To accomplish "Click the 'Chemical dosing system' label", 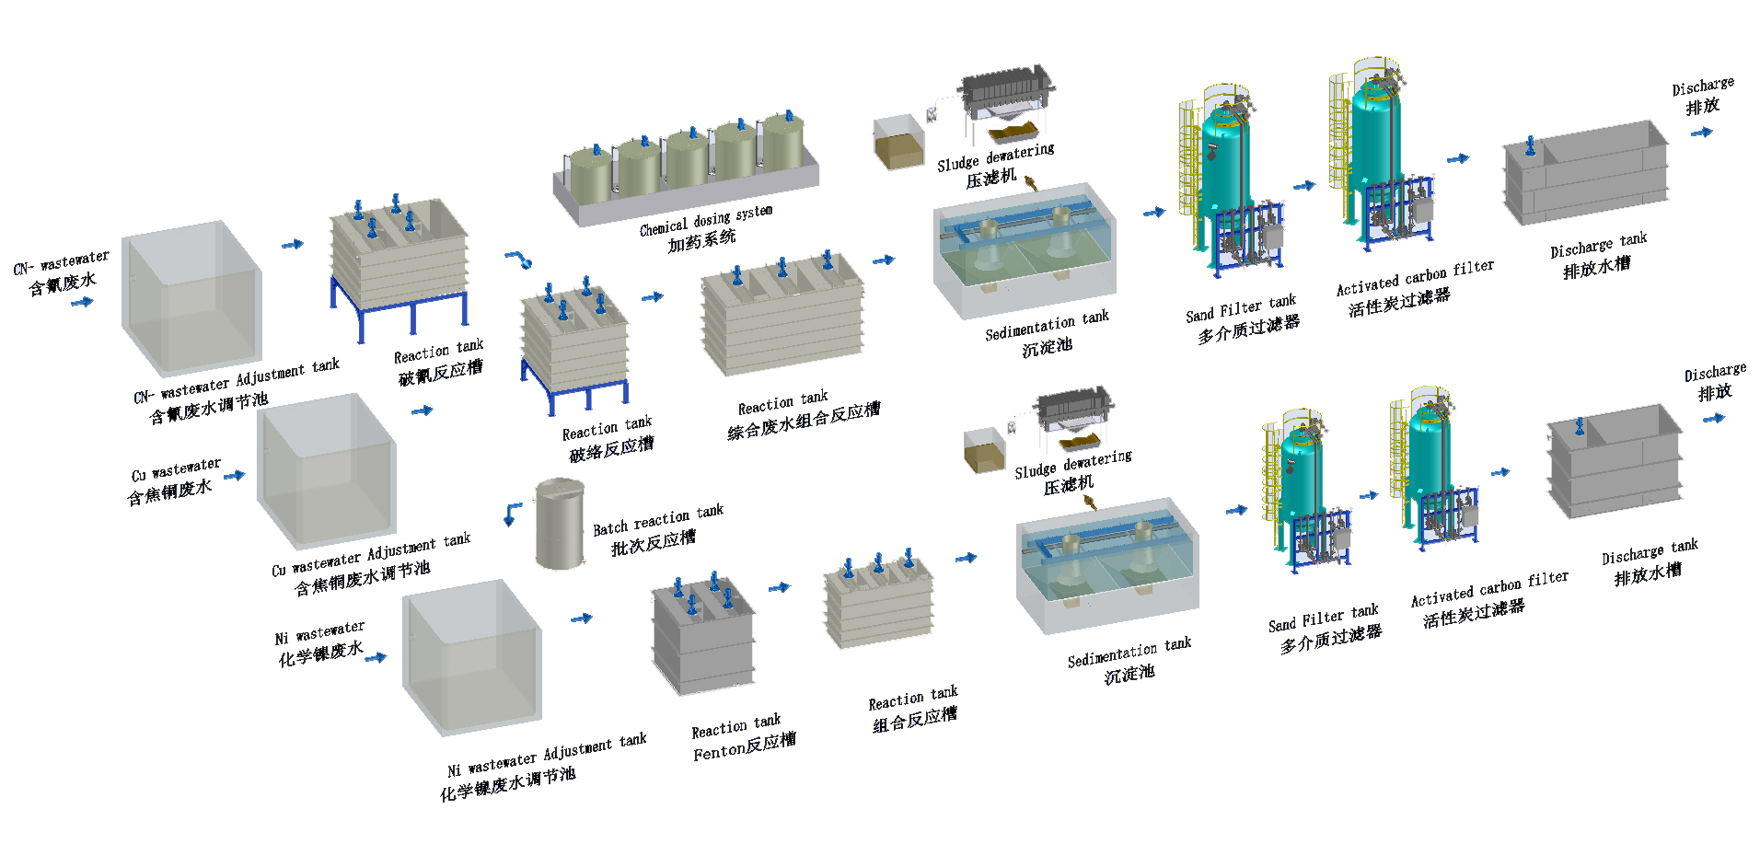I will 706,220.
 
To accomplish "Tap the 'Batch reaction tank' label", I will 657,520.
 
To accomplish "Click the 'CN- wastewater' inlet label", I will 61,262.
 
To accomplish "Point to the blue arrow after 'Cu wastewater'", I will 235,476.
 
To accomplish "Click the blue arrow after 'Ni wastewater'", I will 376,656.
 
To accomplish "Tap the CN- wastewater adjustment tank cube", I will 191,298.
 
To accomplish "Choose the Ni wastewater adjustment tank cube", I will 471,656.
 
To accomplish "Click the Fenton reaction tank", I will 704,637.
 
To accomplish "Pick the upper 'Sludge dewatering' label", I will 995,156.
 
